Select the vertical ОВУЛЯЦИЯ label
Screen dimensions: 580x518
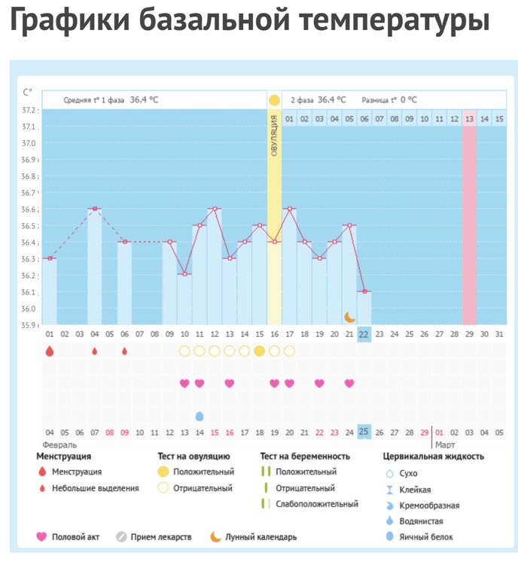[x=274, y=136]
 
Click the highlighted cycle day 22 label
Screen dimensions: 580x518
[x=364, y=334]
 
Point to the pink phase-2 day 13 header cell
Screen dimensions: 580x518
[x=469, y=119]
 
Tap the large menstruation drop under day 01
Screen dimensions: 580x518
[x=50, y=351]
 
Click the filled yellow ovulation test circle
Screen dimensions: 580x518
[x=259, y=351]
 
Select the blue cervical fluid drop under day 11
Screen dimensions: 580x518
[x=200, y=416]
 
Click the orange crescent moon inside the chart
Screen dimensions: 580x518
[x=349, y=317]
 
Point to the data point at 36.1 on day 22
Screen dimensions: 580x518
[x=364, y=292]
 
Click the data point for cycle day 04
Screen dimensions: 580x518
[x=95, y=209]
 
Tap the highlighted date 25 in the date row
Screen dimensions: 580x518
[x=364, y=432]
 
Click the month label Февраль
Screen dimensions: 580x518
[x=59, y=445]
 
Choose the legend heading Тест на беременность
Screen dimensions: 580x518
[x=305, y=456]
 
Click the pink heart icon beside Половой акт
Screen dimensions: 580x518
[x=41, y=537]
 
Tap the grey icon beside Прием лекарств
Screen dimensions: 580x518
[x=120, y=537]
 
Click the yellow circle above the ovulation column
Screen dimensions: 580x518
[x=274, y=100]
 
